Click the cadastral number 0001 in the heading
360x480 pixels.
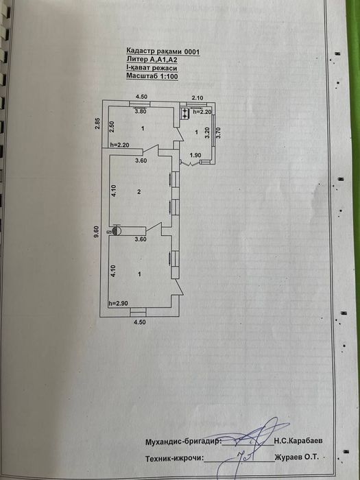pyautogui.click(x=191, y=51)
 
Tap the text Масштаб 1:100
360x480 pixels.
pyautogui.click(x=152, y=76)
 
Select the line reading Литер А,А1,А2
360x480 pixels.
pyautogui.click(x=152, y=60)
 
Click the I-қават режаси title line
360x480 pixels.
pyautogui.click(x=152, y=68)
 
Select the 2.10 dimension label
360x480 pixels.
pyautogui.click(x=197, y=97)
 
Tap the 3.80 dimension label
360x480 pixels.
pyautogui.click(x=141, y=111)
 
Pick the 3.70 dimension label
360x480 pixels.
pyautogui.click(x=219, y=133)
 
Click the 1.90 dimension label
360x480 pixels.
pyautogui.click(x=195, y=155)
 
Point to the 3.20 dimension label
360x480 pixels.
pyautogui.click(x=208, y=133)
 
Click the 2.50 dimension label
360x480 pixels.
pyautogui.click(x=112, y=127)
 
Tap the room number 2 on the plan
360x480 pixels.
pyautogui.click(x=139, y=192)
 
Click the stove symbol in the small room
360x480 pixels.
pyautogui.click(x=186, y=113)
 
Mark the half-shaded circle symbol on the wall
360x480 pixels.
pyautogui.click(x=117, y=230)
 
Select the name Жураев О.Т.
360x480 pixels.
pyautogui.click(x=297, y=457)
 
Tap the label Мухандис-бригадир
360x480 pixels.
pyautogui.click(x=183, y=442)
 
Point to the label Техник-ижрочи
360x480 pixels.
pyautogui.click(x=174, y=458)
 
